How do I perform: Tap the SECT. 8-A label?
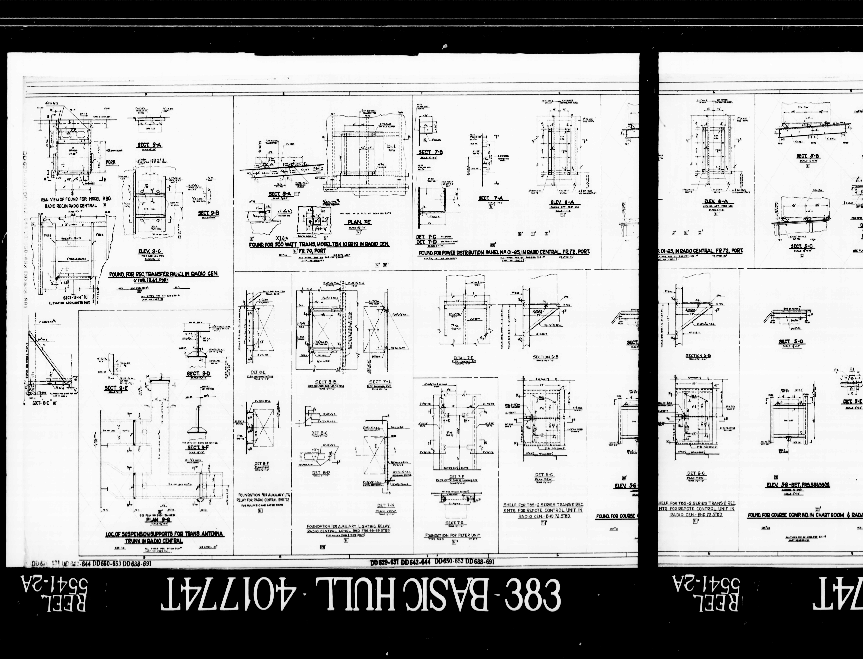(x=280, y=194)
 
